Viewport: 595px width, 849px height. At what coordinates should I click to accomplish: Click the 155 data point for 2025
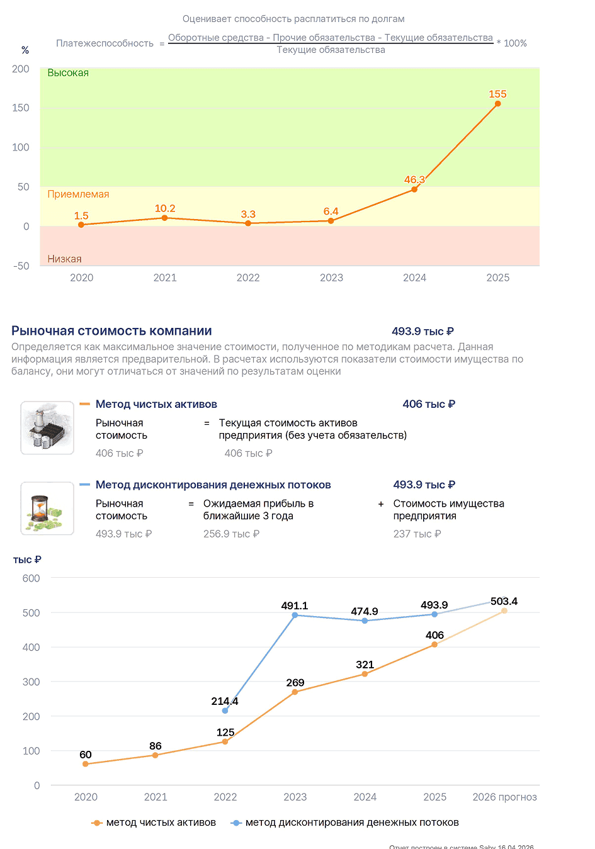[497, 104]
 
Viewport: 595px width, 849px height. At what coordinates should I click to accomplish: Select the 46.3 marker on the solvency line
[414, 189]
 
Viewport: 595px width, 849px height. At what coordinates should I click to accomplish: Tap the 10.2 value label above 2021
[165, 208]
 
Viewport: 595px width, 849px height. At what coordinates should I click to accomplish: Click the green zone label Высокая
[68, 73]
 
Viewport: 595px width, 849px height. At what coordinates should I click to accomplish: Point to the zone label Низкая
[64, 259]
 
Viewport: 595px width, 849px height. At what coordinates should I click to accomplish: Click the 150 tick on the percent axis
[21, 108]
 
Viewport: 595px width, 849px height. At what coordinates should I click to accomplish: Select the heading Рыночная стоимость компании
[111, 331]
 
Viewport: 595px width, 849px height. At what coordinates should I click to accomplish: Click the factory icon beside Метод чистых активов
[47, 427]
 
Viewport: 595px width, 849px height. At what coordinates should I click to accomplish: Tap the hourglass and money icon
[47, 509]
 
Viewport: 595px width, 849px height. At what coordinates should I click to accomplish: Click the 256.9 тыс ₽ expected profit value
[231, 534]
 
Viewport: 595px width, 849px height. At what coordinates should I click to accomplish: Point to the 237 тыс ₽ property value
[417, 534]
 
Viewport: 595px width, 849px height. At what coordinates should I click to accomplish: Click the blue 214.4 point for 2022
[225, 711]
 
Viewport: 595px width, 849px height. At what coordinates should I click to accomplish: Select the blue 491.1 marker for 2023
[295, 615]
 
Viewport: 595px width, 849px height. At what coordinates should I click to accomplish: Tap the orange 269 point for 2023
[295, 692]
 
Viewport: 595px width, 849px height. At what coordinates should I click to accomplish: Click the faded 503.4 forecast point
[504, 610]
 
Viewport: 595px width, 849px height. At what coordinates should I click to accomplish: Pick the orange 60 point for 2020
[86, 764]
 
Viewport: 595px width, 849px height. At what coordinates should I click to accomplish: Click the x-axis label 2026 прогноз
[504, 797]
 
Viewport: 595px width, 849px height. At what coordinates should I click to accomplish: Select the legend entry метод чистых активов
[154, 823]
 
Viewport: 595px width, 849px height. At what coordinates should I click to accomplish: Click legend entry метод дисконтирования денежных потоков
[344, 823]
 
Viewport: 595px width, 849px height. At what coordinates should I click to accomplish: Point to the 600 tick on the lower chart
[31, 578]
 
